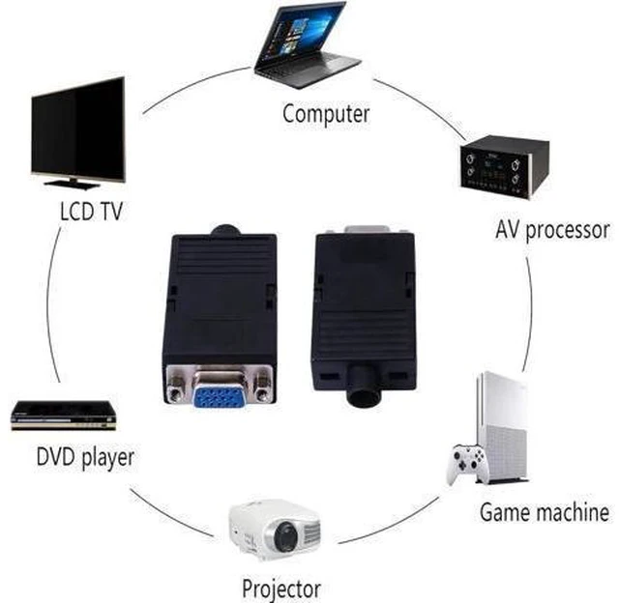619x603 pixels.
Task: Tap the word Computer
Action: click(x=326, y=114)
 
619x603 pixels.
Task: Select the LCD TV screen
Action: click(x=78, y=129)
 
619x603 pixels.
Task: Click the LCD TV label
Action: click(x=91, y=211)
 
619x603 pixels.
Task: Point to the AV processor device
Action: click(x=505, y=167)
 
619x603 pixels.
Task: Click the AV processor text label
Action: click(x=552, y=230)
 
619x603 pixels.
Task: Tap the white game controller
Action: click(x=466, y=464)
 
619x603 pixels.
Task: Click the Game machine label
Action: click(x=545, y=512)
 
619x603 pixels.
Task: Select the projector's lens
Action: click(x=286, y=536)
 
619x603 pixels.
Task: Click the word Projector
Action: click(x=281, y=589)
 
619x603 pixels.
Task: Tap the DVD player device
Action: click(x=64, y=416)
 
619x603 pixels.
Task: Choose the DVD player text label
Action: click(x=85, y=457)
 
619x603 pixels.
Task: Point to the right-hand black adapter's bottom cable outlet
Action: click(x=364, y=386)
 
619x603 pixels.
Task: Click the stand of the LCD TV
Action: click(x=73, y=183)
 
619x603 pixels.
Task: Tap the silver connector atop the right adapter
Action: click(x=367, y=230)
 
